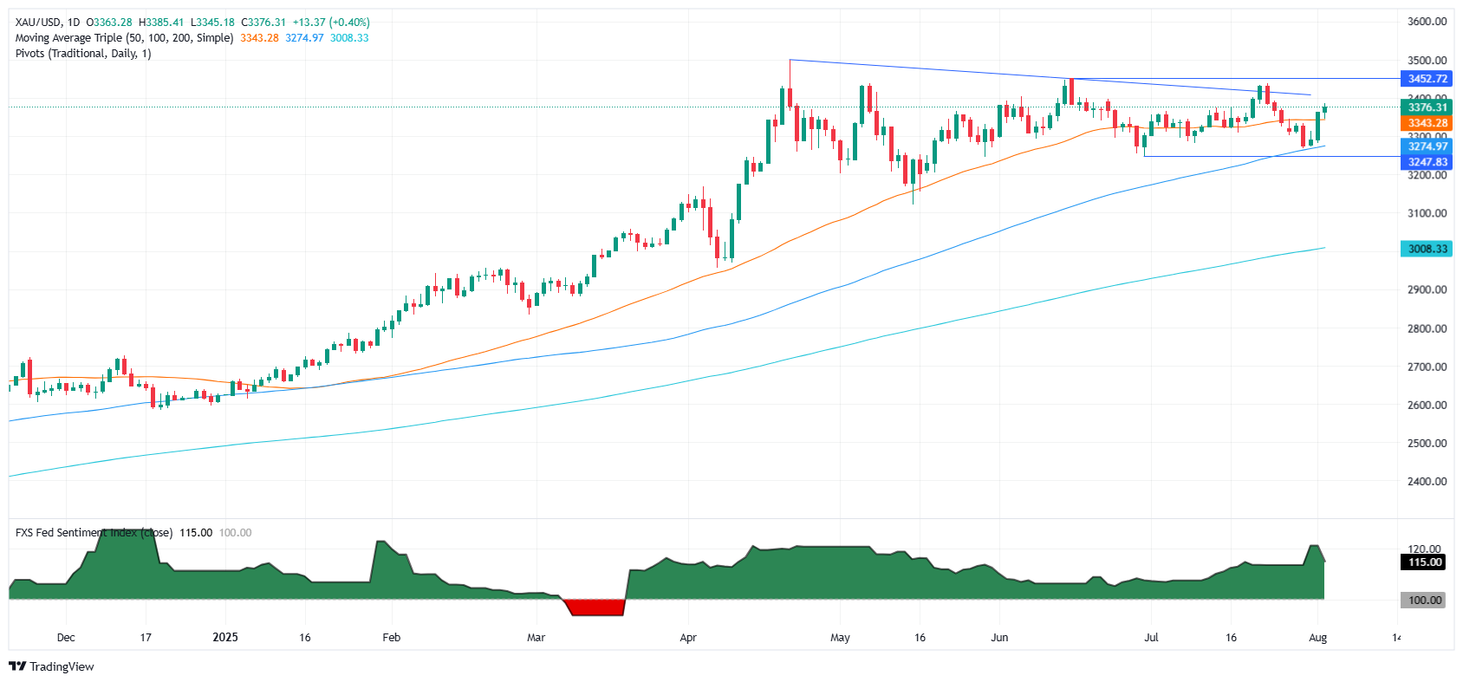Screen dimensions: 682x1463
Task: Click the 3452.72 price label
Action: pos(1427,79)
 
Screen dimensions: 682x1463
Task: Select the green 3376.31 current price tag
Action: pos(1427,107)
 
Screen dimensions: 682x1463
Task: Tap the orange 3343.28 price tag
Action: pos(1427,123)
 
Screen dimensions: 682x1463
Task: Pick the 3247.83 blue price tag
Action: pos(1427,162)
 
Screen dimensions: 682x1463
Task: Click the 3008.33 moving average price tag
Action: pos(1427,249)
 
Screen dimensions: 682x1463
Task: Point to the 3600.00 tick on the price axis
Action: pos(1427,22)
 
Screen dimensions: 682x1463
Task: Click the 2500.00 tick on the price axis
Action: pos(1427,443)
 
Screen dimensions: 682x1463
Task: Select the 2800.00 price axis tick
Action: pos(1427,328)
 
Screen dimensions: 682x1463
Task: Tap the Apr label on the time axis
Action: pos(688,638)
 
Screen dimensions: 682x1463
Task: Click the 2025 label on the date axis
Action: pos(225,638)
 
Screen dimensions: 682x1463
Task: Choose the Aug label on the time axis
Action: pos(1317,638)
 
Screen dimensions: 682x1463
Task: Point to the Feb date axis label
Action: pos(392,638)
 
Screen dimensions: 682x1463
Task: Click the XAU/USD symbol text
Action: pos(37,23)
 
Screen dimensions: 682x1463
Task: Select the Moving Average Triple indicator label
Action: pos(124,38)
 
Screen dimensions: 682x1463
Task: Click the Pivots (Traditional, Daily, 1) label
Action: pos(83,54)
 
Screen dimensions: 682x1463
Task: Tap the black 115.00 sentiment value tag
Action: pos(1424,562)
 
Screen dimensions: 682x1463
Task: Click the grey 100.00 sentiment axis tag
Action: pos(1424,600)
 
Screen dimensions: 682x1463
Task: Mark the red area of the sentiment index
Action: pos(596,607)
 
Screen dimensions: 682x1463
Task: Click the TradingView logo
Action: pos(51,666)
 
